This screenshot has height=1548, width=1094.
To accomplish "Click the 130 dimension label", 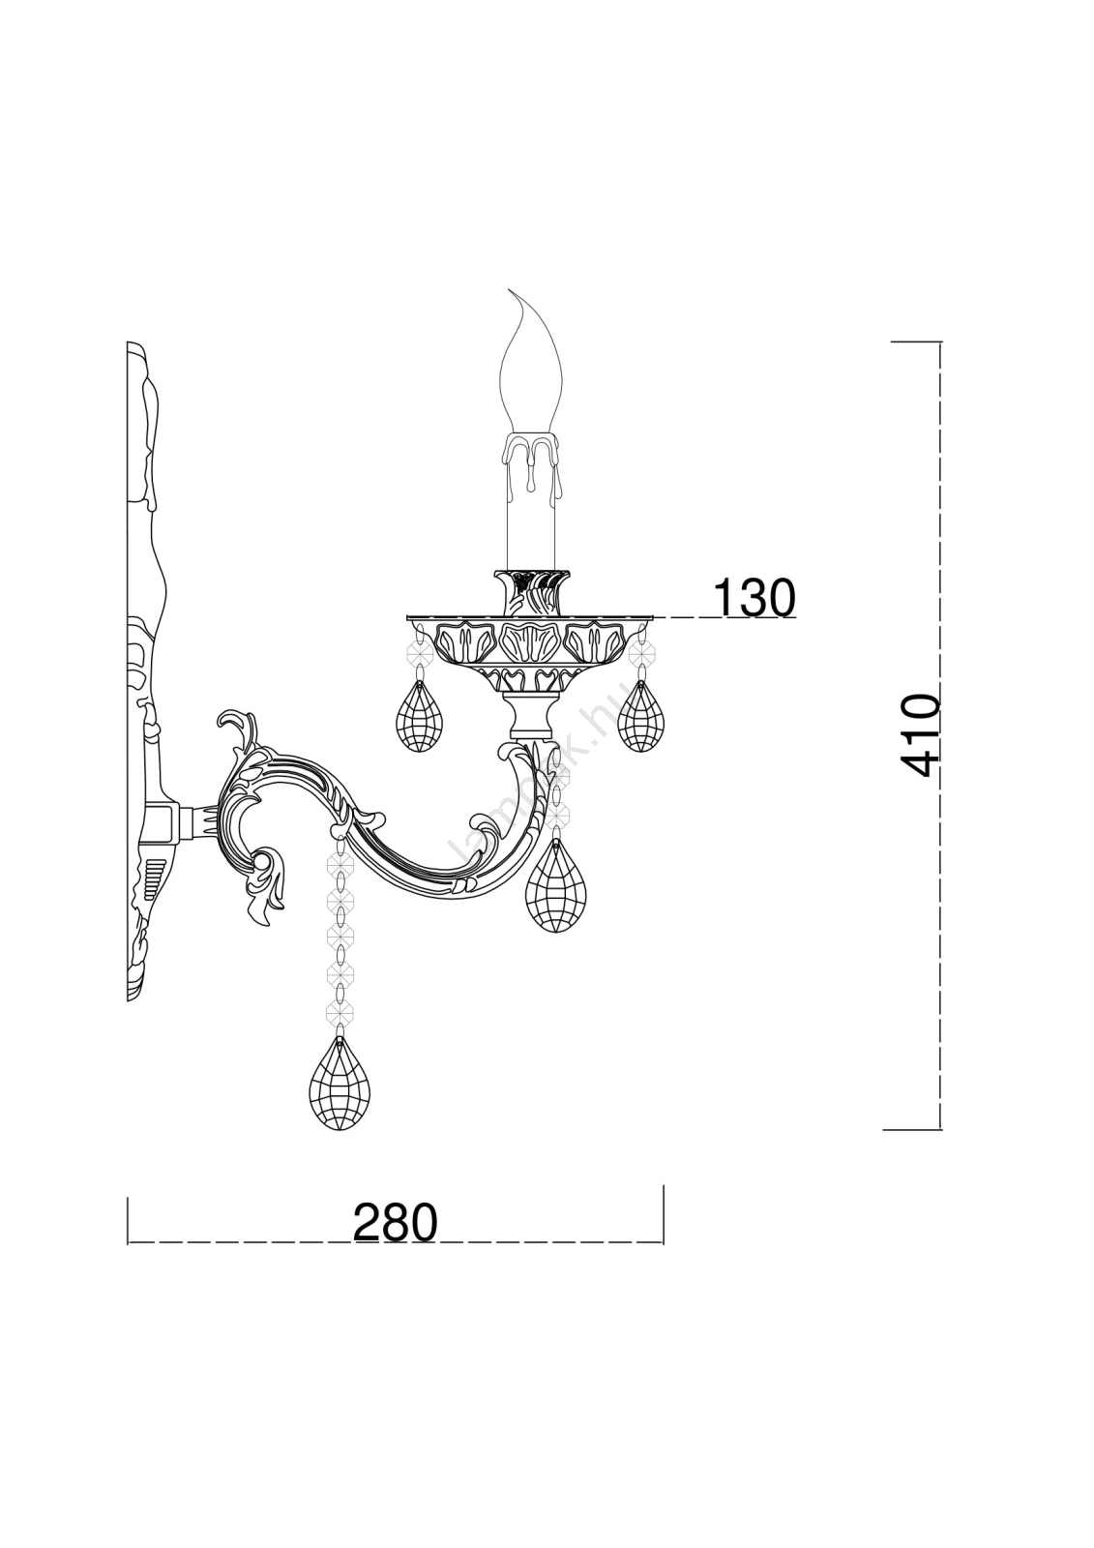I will point(754,598).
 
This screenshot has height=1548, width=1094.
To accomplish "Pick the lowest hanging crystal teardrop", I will point(340,1084).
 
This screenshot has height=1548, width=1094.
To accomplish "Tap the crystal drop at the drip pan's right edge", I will point(640,717).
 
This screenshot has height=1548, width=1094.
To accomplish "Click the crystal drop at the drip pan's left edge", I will point(420,716).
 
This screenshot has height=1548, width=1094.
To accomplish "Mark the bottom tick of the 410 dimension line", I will point(913,1129).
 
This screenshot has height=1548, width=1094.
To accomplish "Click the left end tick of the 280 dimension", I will point(128,1220).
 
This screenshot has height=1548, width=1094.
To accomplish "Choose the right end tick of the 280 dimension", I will point(663,1214).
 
